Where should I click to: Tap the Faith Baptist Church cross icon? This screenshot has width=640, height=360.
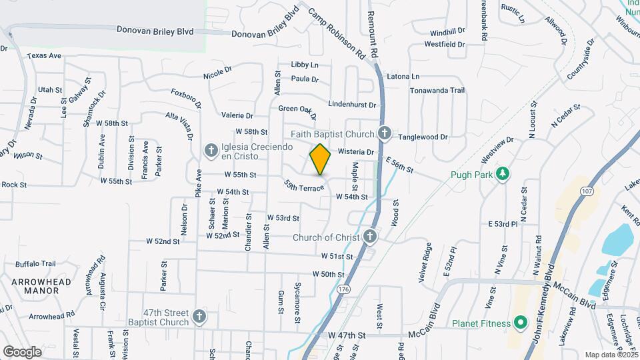[x=384, y=134]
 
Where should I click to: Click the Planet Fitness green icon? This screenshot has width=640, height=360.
[x=520, y=324]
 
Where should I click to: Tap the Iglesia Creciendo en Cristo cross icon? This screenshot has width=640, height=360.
[x=211, y=151]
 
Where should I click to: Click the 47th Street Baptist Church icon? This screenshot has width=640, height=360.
[x=199, y=317]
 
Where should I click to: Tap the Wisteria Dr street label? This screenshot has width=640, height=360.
[x=356, y=152]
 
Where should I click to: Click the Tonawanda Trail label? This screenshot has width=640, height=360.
[x=437, y=90]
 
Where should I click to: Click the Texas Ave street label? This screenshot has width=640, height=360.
[x=45, y=56]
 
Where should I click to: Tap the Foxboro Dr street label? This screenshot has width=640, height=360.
[x=186, y=99]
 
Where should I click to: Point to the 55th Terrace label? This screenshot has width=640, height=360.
[x=303, y=186]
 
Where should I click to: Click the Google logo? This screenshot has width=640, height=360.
[x=22, y=351]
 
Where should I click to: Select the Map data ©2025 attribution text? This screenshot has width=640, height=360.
[x=609, y=355]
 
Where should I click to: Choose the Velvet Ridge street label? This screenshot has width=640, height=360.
[x=425, y=262]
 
